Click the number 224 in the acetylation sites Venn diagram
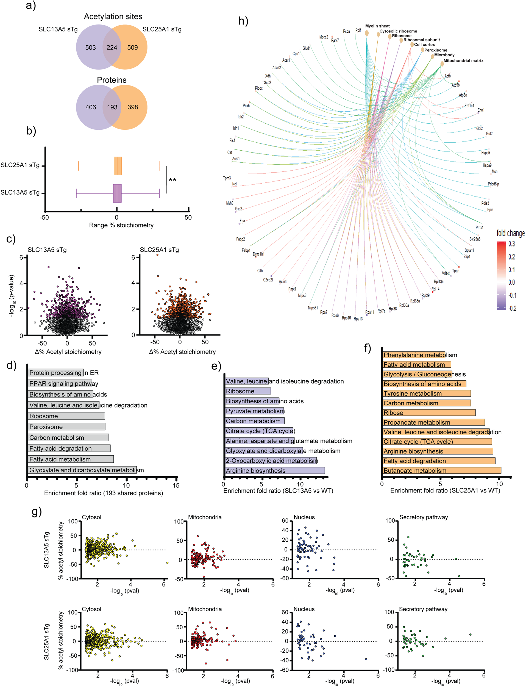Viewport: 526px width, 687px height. click(x=112, y=48)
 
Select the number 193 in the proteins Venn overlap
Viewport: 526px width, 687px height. click(x=112, y=107)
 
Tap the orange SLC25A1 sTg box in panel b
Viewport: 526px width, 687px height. click(x=118, y=166)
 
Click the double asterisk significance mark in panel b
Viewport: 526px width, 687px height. click(x=172, y=180)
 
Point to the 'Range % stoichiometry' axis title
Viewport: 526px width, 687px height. click(x=121, y=225)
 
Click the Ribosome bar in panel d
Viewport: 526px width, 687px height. click(x=66, y=416)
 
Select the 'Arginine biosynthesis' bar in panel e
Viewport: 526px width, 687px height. click(x=275, y=470)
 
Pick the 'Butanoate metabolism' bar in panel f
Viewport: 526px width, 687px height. click(x=441, y=470)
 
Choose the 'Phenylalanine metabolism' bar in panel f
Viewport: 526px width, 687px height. click(x=414, y=355)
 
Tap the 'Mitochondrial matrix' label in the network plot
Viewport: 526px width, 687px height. click(x=463, y=61)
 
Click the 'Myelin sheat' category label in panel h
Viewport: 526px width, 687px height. click(x=377, y=26)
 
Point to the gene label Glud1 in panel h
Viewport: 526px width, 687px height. click(x=307, y=48)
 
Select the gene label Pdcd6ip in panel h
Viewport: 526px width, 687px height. click(x=493, y=184)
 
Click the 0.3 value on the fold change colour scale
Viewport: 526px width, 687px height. click(x=511, y=244)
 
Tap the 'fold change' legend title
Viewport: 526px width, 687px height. click(x=510, y=233)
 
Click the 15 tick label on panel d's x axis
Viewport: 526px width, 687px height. click(x=176, y=485)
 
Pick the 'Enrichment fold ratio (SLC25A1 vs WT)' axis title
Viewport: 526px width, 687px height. click(x=445, y=490)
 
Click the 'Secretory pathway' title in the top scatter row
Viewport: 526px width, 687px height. click(x=423, y=517)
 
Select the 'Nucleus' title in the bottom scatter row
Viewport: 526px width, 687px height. click(x=304, y=609)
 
